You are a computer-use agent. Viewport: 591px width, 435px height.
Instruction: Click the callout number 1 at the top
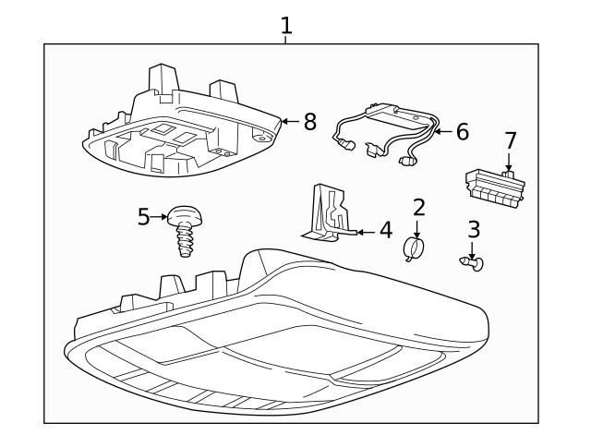tap(286, 25)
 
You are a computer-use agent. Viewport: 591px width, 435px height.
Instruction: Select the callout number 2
tap(418, 208)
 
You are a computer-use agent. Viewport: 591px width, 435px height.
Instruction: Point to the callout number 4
tap(385, 230)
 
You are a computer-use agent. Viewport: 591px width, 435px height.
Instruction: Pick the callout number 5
tap(143, 217)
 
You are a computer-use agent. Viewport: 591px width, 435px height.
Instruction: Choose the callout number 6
tap(462, 132)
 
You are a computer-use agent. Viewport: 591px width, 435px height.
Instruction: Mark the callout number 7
tap(510, 141)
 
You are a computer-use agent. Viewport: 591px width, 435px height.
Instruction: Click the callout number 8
tap(309, 121)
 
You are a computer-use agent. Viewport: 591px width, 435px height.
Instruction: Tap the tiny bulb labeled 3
tap(473, 264)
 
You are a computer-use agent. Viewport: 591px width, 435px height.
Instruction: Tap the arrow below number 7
tap(509, 163)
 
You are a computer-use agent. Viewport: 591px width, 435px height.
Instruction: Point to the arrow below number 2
tap(417, 229)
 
